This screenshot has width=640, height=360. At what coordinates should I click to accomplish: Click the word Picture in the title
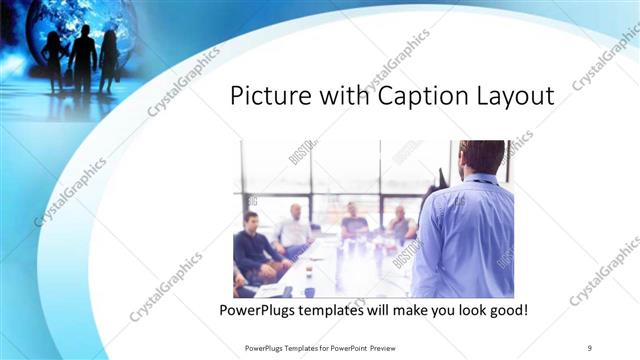[267, 97]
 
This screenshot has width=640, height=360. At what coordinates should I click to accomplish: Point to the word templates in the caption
[342, 311]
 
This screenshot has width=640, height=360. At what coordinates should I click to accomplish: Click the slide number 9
[590, 348]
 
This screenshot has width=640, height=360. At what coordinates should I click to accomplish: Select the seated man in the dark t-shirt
[354, 225]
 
